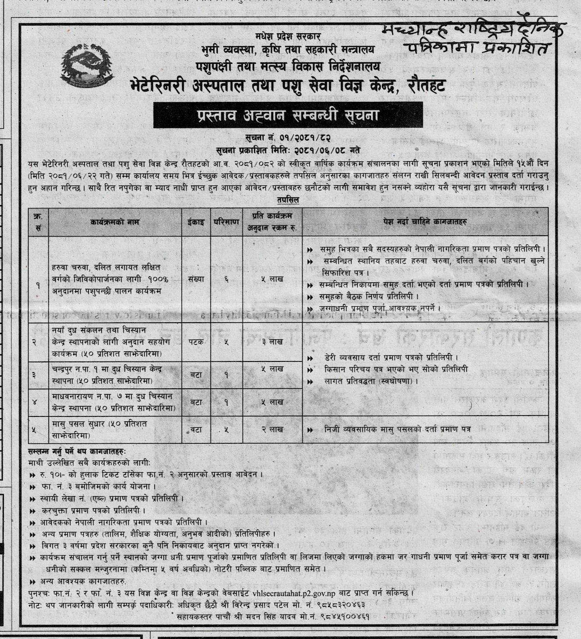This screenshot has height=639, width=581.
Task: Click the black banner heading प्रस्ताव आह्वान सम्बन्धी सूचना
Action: coord(288,115)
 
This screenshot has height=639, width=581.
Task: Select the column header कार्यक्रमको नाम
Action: coord(115,222)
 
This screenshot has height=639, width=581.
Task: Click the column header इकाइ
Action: coord(196,222)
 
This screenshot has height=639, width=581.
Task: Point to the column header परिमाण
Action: coord(226,222)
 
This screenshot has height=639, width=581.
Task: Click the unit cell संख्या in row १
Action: coord(196,279)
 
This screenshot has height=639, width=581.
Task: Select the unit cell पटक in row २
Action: coord(196,341)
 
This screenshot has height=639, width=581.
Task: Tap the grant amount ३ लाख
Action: coord(272,341)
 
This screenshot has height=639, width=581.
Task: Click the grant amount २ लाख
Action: coord(272,430)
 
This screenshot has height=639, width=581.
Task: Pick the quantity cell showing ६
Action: coord(226,279)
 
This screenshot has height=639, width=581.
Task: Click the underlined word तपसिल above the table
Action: coord(288,200)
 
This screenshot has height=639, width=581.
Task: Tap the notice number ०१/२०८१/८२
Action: coord(306,139)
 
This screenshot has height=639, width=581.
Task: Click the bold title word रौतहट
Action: coord(423,86)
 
